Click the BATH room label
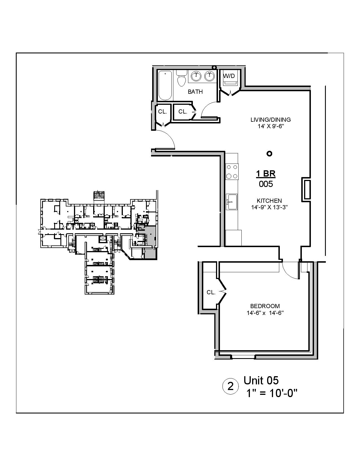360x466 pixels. (195, 92)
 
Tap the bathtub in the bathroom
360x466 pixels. (165, 86)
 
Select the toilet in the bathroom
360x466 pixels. (181, 79)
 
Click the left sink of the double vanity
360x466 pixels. (196, 76)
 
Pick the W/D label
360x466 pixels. (229, 76)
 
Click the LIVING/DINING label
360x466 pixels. (270, 120)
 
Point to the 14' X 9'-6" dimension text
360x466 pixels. (270, 127)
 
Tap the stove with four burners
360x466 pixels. (232, 172)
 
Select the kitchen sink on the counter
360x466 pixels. (232, 202)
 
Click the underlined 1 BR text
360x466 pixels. (266, 173)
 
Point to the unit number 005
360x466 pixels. (266, 184)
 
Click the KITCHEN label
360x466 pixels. (269, 201)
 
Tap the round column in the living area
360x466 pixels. (269, 154)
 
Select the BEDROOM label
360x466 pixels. (265, 306)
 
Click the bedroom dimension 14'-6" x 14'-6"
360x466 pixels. (265, 313)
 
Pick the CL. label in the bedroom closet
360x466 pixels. (211, 292)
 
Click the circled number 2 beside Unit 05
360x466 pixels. (231, 386)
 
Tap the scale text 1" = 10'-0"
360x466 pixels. (272, 393)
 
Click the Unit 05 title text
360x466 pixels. (261, 380)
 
